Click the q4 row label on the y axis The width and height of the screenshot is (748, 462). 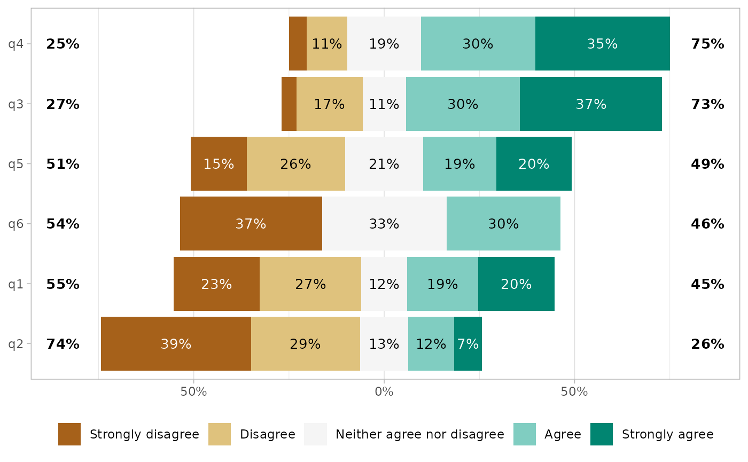click(15, 44)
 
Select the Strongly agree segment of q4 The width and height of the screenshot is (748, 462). click(602, 44)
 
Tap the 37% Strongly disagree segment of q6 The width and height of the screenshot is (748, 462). click(251, 224)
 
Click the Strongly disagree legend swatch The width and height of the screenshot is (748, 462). click(69, 434)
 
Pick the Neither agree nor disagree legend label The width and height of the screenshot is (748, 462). click(419, 434)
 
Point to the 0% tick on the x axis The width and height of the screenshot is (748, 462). click(384, 392)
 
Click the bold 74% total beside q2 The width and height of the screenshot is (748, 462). click(63, 344)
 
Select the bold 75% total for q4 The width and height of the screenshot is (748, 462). click(707, 44)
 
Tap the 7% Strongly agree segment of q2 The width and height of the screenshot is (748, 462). click(468, 344)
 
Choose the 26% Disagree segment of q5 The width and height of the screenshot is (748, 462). click(295, 164)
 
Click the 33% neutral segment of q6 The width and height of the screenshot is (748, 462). click(384, 224)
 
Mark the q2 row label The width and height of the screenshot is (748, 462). click(15, 344)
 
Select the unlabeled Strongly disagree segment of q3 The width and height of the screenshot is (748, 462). click(289, 104)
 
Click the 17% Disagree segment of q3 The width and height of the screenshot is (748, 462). click(329, 104)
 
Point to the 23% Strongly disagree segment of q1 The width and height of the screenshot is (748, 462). click(216, 284)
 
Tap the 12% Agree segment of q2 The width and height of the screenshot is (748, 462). click(431, 344)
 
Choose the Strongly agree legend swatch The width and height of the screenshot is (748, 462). click(602, 434)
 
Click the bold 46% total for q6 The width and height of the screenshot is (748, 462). click(707, 224)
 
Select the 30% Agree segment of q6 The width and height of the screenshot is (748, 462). click(503, 224)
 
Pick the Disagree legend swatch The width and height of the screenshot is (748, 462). click(220, 434)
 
